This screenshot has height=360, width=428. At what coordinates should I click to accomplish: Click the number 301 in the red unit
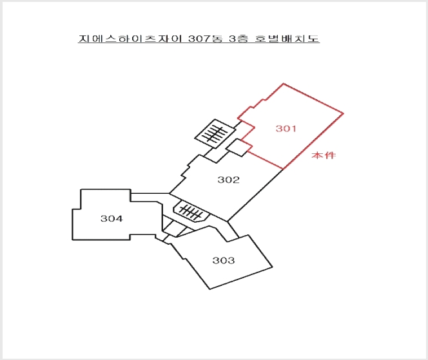pyautogui.click(x=286, y=128)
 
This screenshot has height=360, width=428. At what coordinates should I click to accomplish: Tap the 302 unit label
pyautogui.click(x=228, y=180)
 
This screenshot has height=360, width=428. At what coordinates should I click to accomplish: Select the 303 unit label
pyautogui.click(x=224, y=260)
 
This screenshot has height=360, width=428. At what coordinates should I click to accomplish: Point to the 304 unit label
pyautogui.click(x=112, y=218)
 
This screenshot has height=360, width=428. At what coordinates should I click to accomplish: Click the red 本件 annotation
pyautogui.click(x=324, y=155)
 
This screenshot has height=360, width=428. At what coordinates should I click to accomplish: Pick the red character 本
pyautogui.click(x=317, y=155)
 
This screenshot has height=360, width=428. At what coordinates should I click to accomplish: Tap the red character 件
pyautogui.click(x=330, y=155)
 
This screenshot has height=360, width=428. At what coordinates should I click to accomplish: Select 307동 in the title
pyautogui.click(x=206, y=39)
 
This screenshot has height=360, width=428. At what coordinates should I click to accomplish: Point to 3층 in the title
pyautogui.click(x=238, y=39)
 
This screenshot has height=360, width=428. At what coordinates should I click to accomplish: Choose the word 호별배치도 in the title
pyautogui.click(x=287, y=39)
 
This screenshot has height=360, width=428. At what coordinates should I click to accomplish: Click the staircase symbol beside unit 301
pyautogui.click(x=215, y=134)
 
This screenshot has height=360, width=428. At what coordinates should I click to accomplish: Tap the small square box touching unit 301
pyautogui.click(x=239, y=148)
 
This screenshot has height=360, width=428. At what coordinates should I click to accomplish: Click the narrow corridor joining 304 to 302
pyautogui.click(x=150, y=198)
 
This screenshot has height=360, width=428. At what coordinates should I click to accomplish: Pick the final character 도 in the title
pyautogui.click(x=313, y=39)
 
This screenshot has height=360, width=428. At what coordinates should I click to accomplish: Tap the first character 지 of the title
pyautogui.click(x=84, y=39)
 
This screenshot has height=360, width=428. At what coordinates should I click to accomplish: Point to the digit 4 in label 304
pyautogui.click(x=119, y=218)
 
